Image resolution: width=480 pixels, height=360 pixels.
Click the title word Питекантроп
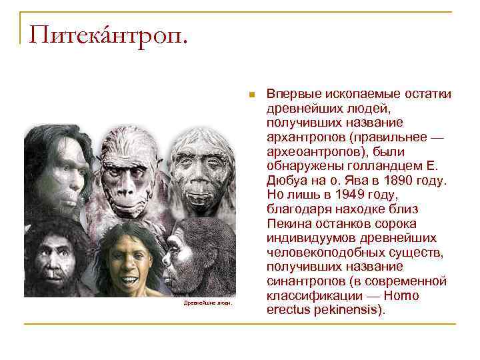point(107,32)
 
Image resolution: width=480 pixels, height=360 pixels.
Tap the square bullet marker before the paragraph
point(251,94)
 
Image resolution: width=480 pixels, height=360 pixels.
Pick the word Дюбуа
point(285,181)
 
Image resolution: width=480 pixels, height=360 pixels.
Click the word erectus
point(287,310)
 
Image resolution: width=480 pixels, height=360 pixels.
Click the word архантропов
point(304,137)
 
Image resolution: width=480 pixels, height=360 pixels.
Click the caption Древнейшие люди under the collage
point(208,303)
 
